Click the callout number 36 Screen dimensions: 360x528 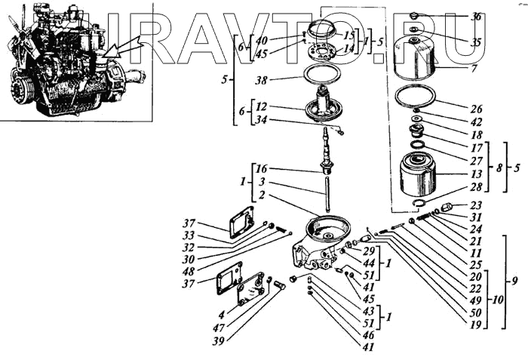[x=475, y=16]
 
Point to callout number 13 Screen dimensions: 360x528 [x=475, y=173]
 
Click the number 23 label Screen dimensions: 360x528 [x=475, y=205]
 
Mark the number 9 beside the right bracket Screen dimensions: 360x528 [x=514, y=282]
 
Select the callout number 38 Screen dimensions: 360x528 [x=262, y=79]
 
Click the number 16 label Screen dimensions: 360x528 [x=260, y=168]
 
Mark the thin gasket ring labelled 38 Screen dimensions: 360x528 [x=324, y=76]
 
